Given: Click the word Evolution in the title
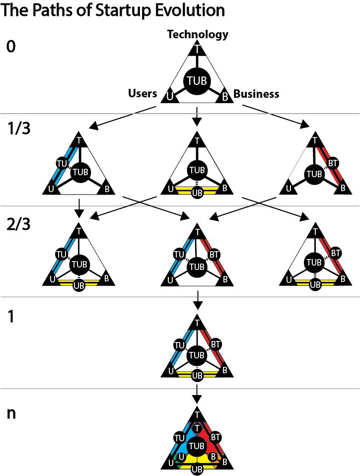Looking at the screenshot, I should [x=188, y=10].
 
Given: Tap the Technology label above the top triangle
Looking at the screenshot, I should [x=198, y=34].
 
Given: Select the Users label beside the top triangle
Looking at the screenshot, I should [x=143, y=93].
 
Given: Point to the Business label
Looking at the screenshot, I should [x=256, y=93].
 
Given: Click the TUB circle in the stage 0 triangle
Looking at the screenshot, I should [x=198, y=81].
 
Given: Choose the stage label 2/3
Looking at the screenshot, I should [x=19, y=225].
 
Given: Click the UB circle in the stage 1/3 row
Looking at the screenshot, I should [x=198, y=193].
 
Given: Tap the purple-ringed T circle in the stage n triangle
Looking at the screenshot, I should [x=198, y=428].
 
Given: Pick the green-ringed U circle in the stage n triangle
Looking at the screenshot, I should [x=182, y=456].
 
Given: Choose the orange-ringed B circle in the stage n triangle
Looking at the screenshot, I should [x=213, y=456].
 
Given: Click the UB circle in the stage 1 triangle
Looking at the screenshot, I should [x=198, y=375].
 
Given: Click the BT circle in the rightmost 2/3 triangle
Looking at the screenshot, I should [x=336, y=254].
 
